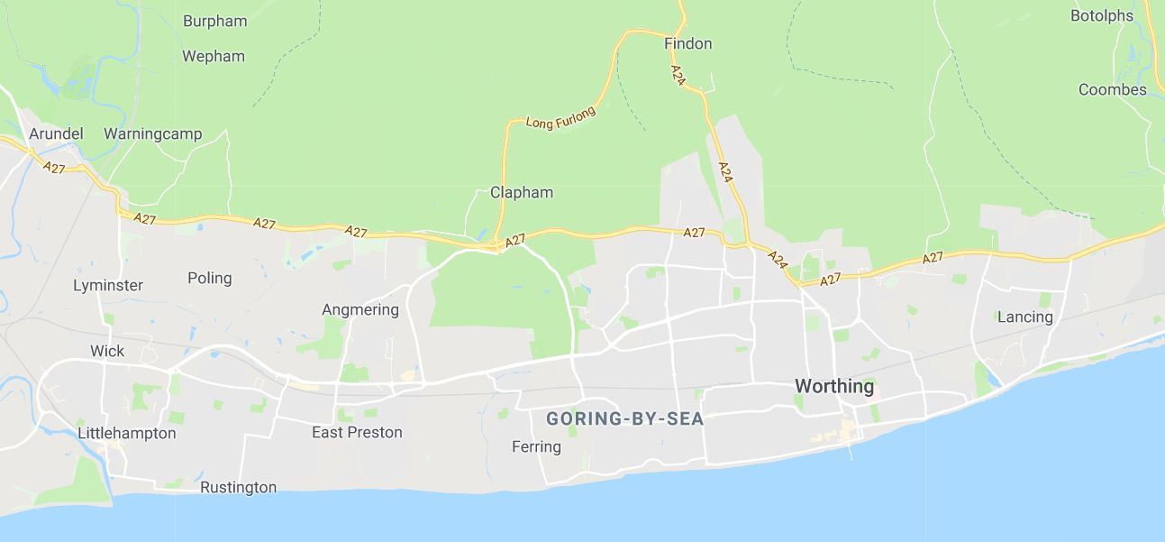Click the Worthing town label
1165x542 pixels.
(833, 387)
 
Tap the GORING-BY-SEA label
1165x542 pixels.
(624, 418)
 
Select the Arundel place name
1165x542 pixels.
(56, 133)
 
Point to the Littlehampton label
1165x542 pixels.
(127, 433)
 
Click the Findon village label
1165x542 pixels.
(687, 43)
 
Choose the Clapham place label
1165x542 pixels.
(522, 192)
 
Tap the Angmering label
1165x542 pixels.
(360, 310)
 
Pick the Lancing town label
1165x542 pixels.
(1024, 317)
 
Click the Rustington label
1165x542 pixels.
(238, 487)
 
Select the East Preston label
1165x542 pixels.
(357, 432)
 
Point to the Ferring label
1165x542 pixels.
(536, 446)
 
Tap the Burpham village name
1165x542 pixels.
(214, 21)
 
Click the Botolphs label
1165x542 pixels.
(1101, 15)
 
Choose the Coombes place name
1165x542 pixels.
(1112, 89)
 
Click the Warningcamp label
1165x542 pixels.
(152, 133)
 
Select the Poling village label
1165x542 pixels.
(209, 278)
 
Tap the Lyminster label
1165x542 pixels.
(108, 285)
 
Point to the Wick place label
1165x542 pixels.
(107, 351)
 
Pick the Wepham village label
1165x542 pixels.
(214, 56)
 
